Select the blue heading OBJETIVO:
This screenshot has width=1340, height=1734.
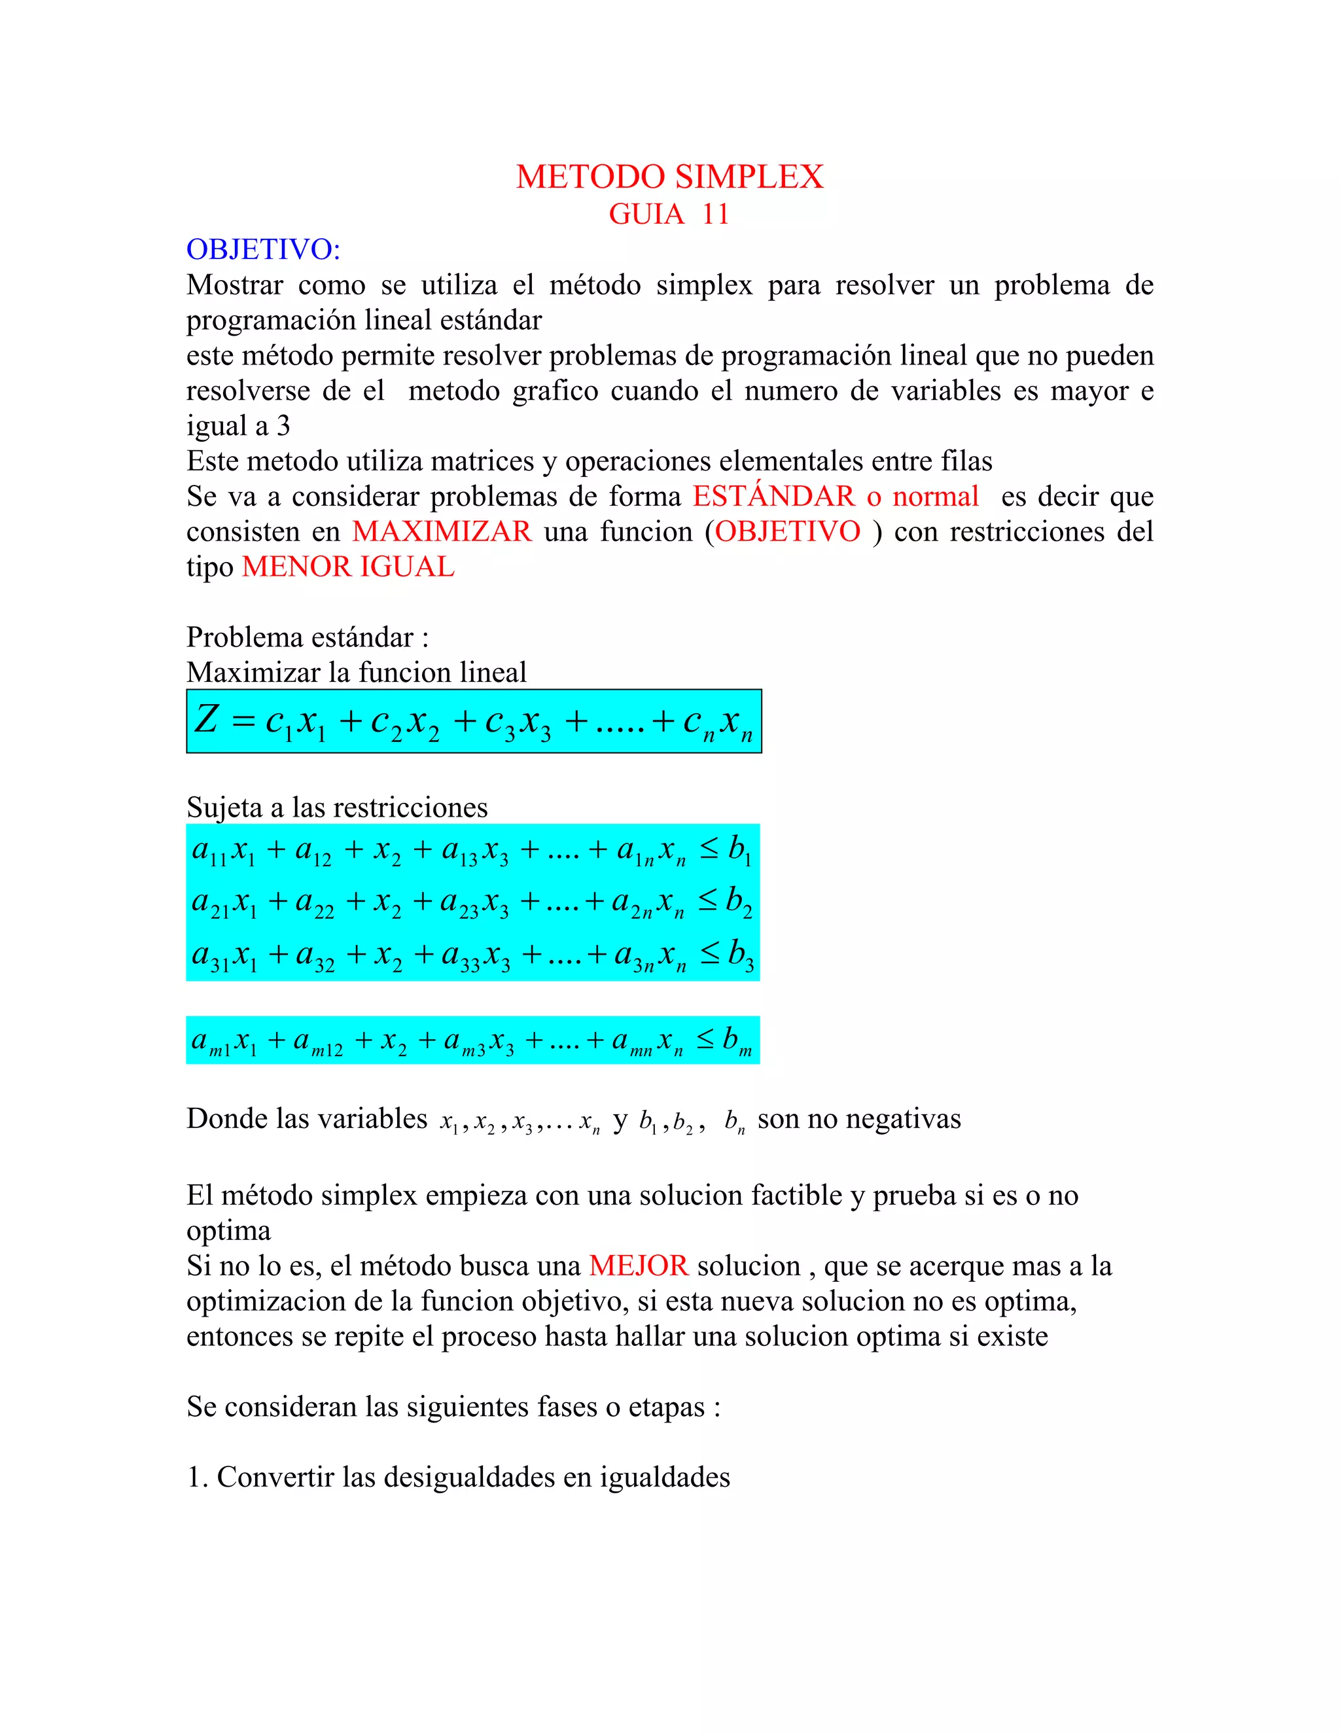pos(263,249)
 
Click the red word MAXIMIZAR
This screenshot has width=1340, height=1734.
pos(442,531)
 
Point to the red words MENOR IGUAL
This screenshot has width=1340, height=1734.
pos(347,567)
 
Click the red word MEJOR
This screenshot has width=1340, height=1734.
pos(638,1265)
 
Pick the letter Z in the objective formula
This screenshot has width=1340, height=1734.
pos(206,719)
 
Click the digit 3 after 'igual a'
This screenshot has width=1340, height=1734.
pos(283,427)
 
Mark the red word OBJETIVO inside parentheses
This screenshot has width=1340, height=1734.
pos(788,531)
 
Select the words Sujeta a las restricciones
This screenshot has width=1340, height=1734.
pos(336,807)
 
